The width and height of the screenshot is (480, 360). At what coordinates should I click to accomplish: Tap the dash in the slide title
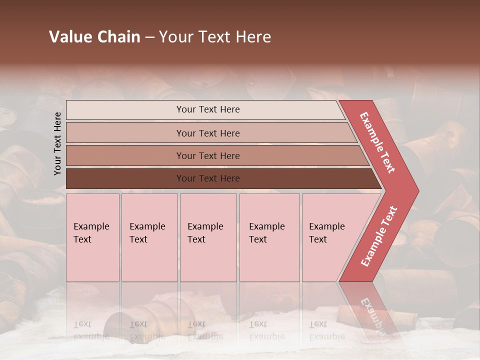point(149,37)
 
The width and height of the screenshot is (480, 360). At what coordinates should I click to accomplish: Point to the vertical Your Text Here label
point(57,143)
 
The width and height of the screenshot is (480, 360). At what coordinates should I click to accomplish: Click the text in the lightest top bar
point(208,109)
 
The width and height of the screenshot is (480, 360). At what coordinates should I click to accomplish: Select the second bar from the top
point(208,133)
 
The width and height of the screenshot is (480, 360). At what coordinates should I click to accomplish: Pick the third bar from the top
point(208,155)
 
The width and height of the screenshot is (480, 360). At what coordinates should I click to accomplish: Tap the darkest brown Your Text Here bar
point(208,178)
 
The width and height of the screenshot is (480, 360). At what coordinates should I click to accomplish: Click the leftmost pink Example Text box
point(92,237)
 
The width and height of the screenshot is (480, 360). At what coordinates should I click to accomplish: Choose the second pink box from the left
point(149,237)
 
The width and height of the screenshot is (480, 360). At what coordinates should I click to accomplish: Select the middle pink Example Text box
point(208,237)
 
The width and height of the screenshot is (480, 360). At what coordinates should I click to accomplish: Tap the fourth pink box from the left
point(269,237)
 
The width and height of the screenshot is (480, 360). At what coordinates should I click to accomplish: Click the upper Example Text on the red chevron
point(377,142)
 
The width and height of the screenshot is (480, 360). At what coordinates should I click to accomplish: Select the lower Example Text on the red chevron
point(379,236)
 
